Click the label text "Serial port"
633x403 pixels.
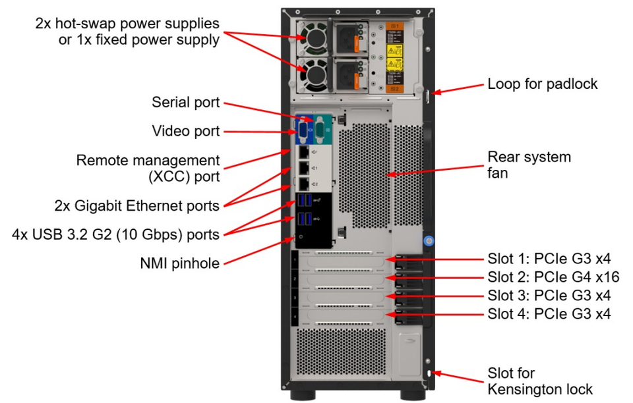pyautogui.click(x=185, y=103)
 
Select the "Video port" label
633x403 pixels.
pyautogui.click(x=185, y=131)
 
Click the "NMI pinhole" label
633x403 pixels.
pyautogui.click(x=179, y=263)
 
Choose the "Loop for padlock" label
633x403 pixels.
pyautogui.click(x=542, y=84)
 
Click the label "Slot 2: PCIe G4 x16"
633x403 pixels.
pyautogui.click(x=553, y=277)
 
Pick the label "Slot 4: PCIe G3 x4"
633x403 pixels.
pyautogui.click(x=549, y=313)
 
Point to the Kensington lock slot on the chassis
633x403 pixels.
pyautogui.click(x=429, y=374)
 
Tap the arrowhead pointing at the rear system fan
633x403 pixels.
pyautogui.click(x=391, y=174)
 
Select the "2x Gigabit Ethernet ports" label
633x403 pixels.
pyautogui.click(x=137, y=205)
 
